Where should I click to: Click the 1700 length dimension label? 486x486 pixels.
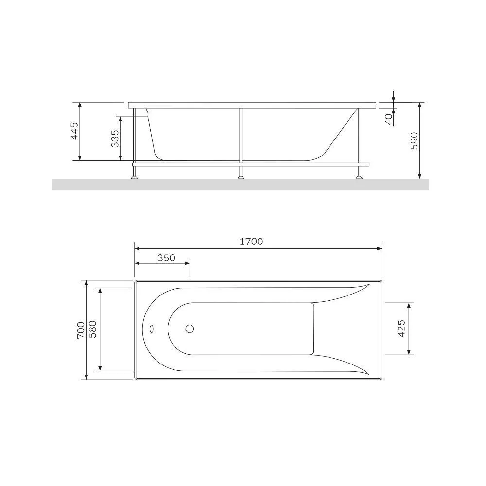coord(251,242)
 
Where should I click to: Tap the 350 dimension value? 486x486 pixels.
coord(166,258)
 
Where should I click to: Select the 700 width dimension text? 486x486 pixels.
coord(81,330)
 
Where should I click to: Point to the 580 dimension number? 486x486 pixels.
coord(93,329)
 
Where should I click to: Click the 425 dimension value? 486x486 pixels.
coord(401,329)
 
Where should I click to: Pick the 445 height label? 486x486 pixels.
coord(75,131)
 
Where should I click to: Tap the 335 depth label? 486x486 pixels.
coord(115,139)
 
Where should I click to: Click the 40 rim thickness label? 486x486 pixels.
coord(389,119)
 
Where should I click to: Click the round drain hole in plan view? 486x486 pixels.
coord(190,329)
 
